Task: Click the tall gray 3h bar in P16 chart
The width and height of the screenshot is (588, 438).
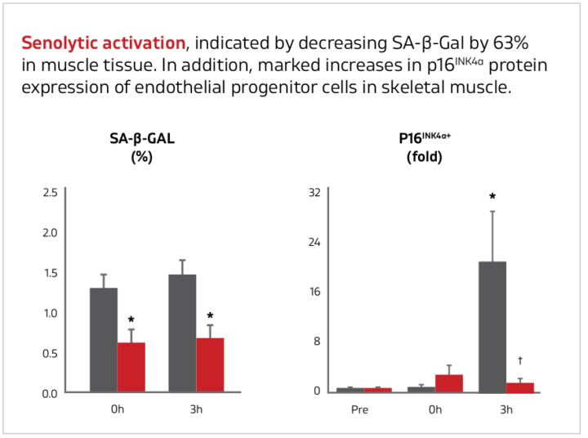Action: click(492, 327)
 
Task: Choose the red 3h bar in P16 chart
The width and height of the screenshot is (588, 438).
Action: click(520, 387)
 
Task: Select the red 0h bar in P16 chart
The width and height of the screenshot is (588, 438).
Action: click(449, 383)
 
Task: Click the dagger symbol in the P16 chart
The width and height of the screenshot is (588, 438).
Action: click(520, 360)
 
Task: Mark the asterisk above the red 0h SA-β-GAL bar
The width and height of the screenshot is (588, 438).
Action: click(131, 320)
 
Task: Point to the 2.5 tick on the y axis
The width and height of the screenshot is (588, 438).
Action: click(50, 193)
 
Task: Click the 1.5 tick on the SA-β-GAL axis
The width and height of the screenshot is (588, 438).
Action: click(50, 273)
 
